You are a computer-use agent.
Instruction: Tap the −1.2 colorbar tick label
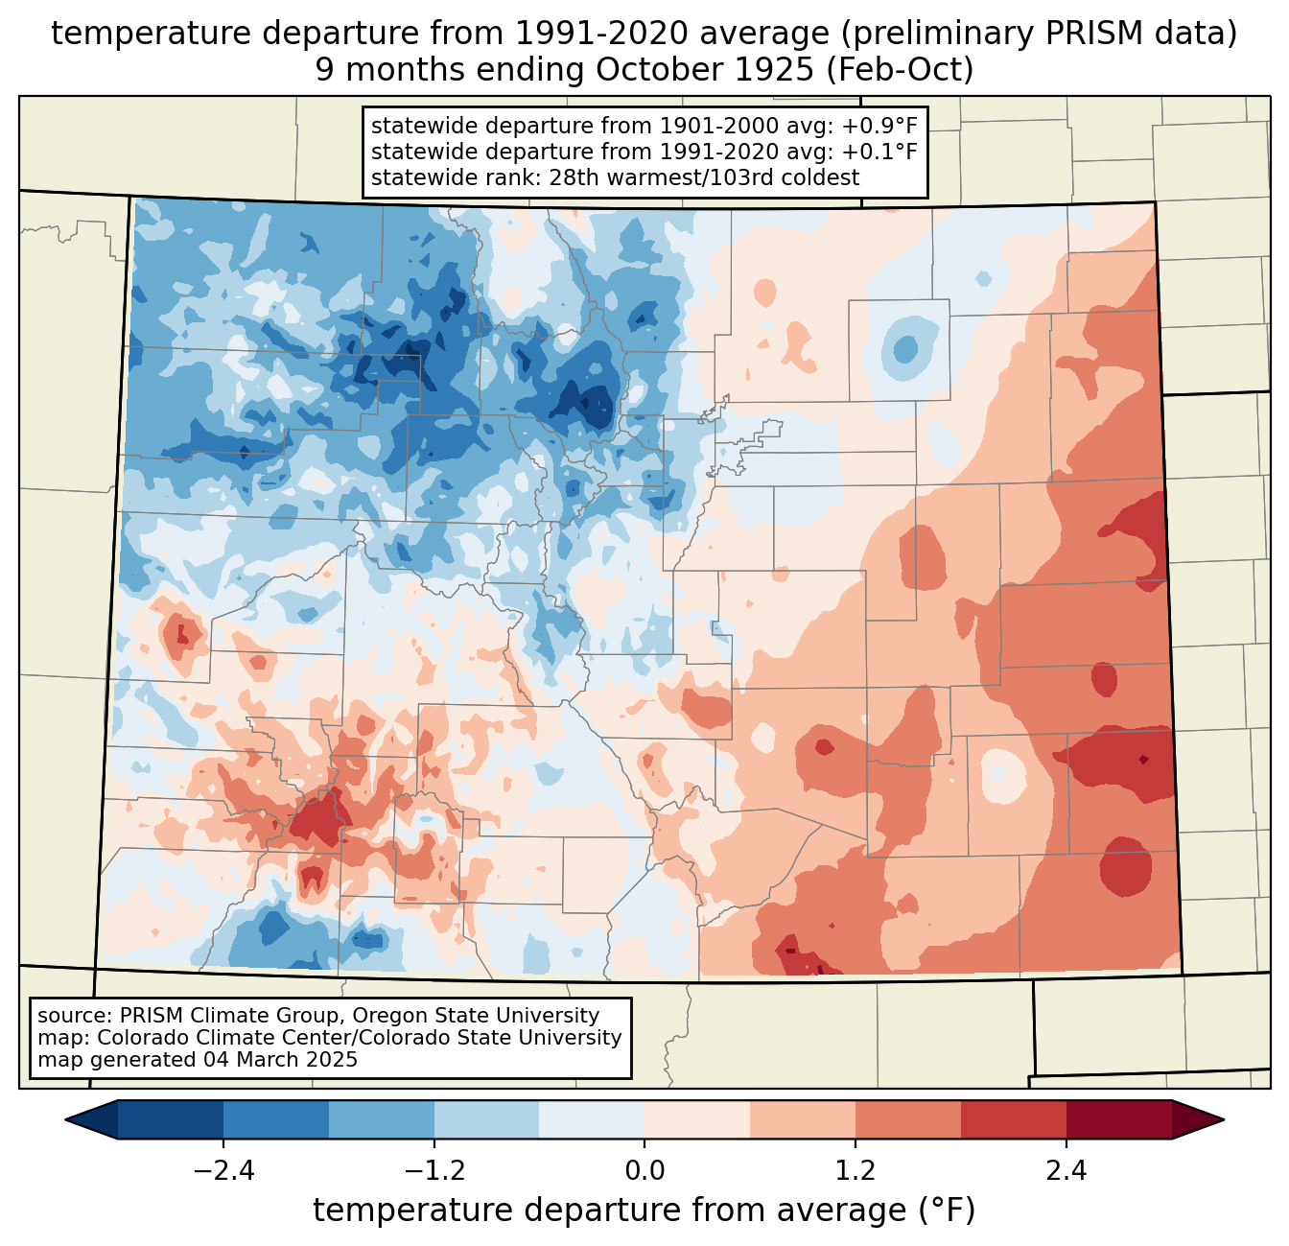434,1171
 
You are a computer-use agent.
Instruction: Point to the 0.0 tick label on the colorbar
644,1171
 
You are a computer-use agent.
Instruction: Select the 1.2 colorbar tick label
855,1171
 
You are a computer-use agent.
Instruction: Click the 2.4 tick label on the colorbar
1066,1171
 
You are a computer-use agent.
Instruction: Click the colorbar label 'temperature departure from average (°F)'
644,1211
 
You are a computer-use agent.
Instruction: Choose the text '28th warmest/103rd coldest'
704,177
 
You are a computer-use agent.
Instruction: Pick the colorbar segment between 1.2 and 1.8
908,1119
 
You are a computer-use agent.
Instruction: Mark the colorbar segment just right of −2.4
276,1119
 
